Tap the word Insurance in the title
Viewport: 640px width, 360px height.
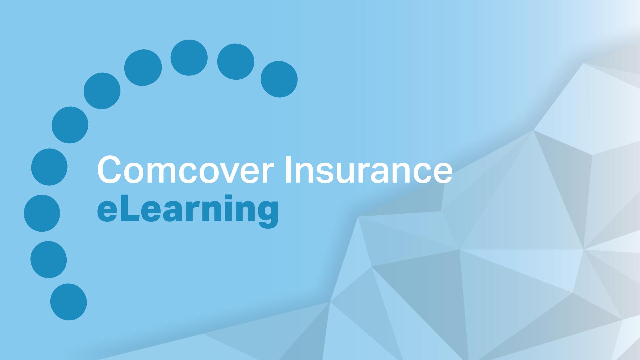coord(368,170)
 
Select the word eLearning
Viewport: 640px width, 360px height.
coord(188,210)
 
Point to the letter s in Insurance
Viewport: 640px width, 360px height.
coord(318,174)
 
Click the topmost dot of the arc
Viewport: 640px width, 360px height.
coord(189,58)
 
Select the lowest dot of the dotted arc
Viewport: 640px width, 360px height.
coord(69,302)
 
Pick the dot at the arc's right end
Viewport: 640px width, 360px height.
coord(279,79)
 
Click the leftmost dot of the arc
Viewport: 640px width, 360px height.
coord(42,213)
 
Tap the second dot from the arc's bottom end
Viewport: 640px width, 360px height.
coord(49,260)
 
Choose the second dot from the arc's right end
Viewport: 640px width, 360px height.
coord(236,62)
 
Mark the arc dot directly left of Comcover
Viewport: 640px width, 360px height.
coord(49,167)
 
